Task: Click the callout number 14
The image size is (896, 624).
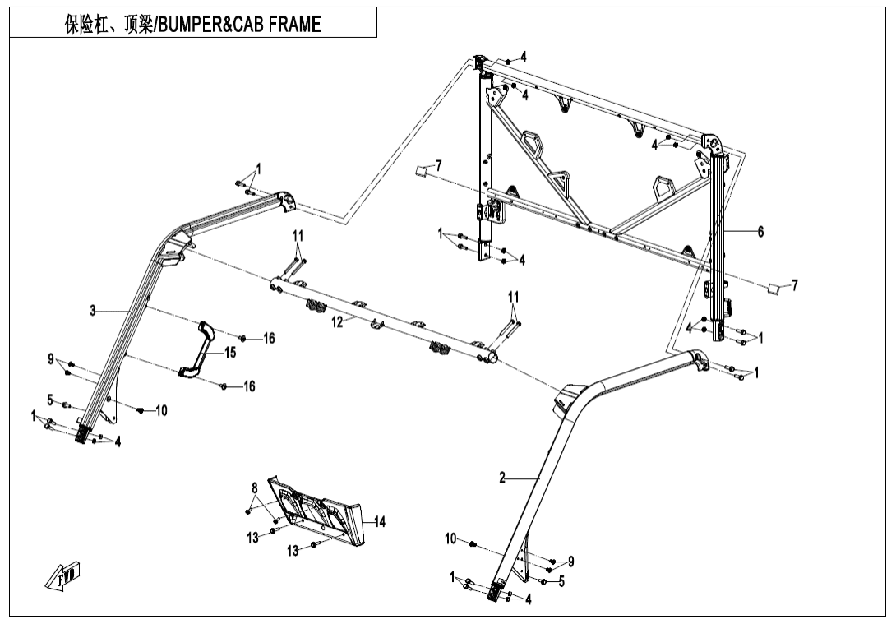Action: (x=379, y=521)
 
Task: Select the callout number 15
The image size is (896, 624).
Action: (x=230, y=353)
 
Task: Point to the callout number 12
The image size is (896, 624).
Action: (x=337, y=322)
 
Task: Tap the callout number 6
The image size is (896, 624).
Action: (x=760, y=232)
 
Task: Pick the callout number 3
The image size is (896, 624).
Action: (x=93, y=311)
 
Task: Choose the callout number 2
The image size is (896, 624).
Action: (x=502, y=478)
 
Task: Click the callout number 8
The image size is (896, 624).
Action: (x=255, y=488)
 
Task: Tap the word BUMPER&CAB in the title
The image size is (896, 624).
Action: (x=205, y=25)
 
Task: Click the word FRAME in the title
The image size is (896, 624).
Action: (x=289, y=25)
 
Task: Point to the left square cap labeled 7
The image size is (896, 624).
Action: (x=420, y=171)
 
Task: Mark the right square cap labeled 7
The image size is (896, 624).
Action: (x=772, y=288)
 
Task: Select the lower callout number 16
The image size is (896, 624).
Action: (x=249, y=386)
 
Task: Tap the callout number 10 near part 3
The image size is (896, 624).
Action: (x=161, y=410)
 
